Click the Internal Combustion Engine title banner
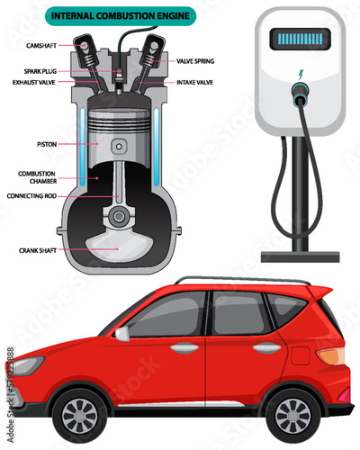point(121,16)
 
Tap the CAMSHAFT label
point(41,46)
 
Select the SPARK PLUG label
point(40,71)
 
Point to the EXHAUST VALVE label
point(34,82)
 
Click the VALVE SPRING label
point(195,61)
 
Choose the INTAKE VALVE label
point(194,82)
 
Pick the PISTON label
point(47,144)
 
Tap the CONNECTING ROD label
point(31,196)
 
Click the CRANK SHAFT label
point(38,250)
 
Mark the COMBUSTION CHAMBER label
point(37,177)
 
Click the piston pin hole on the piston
point(119,147)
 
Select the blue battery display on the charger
point(301,39)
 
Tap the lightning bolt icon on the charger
point(301,75)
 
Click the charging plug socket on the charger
point(301,91)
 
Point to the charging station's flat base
point(301,257)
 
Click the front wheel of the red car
point(79,416)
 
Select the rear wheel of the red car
point(293,416)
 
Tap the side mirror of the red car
point(122,333)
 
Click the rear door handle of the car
point(267,347)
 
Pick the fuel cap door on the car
point(301,355)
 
